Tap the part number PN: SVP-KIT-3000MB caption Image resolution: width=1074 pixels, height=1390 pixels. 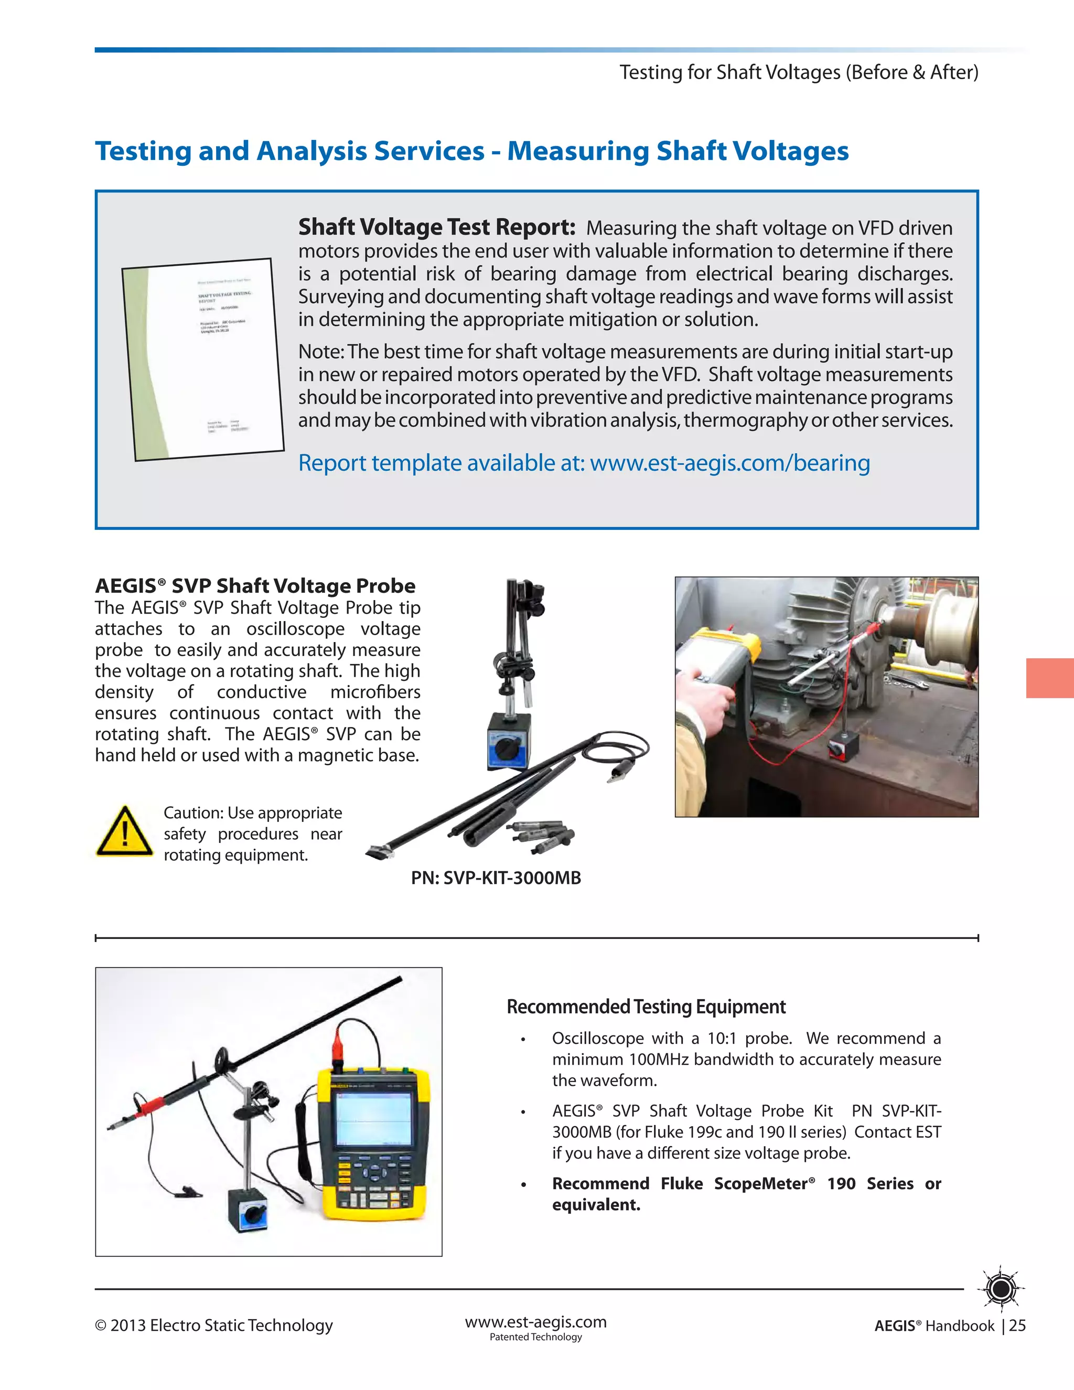point(496,878)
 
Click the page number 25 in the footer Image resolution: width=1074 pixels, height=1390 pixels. point(1017,1325)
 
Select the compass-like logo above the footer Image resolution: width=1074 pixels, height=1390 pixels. point(1002,1289)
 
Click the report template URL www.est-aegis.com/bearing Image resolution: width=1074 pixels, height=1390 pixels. point(730,463)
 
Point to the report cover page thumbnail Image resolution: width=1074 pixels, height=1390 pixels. point(202,358)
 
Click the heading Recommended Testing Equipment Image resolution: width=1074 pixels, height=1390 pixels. point(646,1007)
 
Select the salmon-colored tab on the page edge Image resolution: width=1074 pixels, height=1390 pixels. point(1050,678)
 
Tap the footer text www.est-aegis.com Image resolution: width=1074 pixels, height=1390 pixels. point(536,1322)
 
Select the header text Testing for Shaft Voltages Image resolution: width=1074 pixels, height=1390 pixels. point(731,72)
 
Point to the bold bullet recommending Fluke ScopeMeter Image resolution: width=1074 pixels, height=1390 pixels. point(746,1194)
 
